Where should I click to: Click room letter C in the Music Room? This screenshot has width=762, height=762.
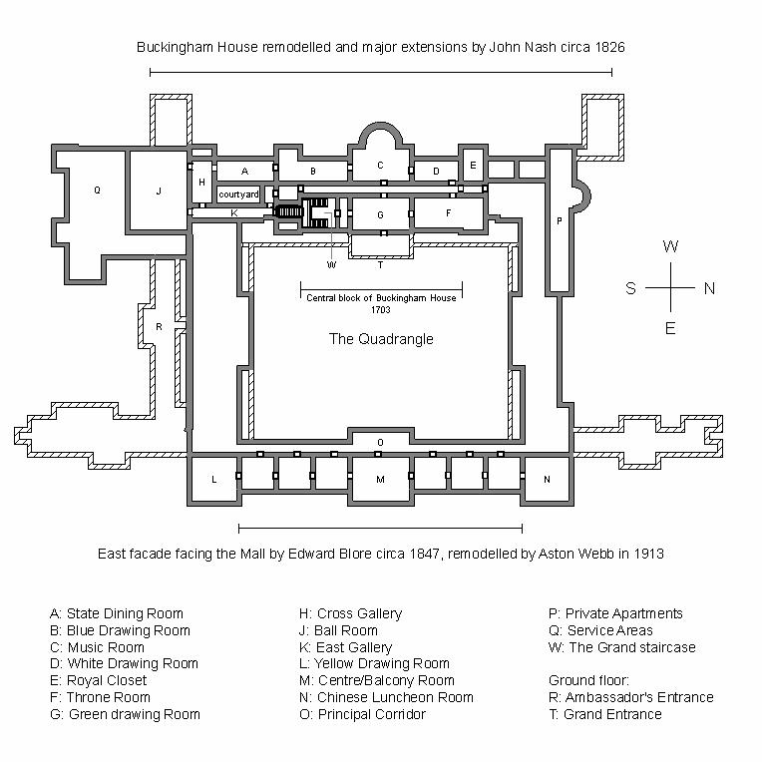tap(379, 166)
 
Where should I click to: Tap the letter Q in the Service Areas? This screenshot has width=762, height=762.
tap(97, 190)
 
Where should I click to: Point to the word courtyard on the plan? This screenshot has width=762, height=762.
tap(238, 193)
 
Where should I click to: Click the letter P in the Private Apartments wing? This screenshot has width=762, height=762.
tap(559, 220)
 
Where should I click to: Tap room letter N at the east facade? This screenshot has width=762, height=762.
tap(546, 480)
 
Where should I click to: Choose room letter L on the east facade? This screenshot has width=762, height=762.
tap(213, 480)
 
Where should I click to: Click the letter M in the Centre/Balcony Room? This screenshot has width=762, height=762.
tap(380, 480)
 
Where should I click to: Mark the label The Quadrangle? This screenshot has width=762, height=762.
tap(381, 339)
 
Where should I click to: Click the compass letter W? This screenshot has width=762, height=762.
tap(671, 246)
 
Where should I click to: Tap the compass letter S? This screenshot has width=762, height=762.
tap(630, 289)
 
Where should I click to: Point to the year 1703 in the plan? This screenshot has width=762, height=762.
tap(380, 310)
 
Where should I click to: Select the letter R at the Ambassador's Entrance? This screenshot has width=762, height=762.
tap(159, 327)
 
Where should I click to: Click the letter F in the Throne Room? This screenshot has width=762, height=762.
tap(449, 212)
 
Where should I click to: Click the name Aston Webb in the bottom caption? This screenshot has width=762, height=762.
tap(548, 552)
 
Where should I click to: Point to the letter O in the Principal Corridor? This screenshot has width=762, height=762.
tap(380, 442)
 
